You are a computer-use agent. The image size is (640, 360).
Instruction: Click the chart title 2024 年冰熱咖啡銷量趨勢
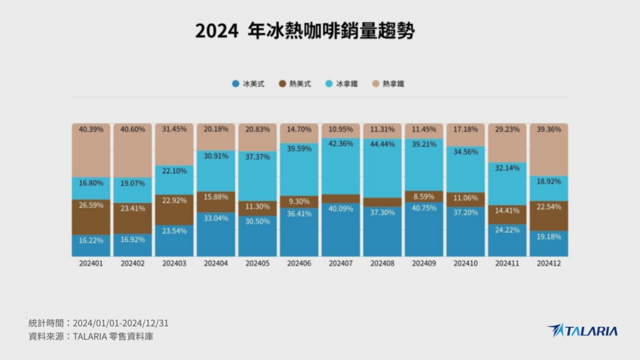tap(304, 31)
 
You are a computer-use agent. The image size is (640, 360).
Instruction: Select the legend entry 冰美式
tap(248, 83)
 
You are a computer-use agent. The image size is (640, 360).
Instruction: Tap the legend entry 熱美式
tap(294, 83)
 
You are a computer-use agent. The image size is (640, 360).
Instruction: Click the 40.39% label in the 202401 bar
tap(91, 129)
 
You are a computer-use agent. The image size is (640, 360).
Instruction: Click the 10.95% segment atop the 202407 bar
tap(340, 129)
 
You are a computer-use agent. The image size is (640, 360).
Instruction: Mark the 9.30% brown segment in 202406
tap(299, 202)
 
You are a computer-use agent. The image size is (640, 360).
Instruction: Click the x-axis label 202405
tap(257, 264)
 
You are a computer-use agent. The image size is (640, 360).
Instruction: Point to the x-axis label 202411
tap(506, 264)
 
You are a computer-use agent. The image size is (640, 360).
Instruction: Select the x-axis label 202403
tap(174, 264)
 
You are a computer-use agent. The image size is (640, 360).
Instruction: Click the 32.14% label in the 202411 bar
tap(506, 168)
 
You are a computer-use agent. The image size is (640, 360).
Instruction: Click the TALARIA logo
tap(582, 331)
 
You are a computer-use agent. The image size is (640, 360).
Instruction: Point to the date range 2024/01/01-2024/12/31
tap(121, 323)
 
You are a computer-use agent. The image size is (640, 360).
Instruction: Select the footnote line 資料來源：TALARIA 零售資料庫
tap(91, 336)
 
